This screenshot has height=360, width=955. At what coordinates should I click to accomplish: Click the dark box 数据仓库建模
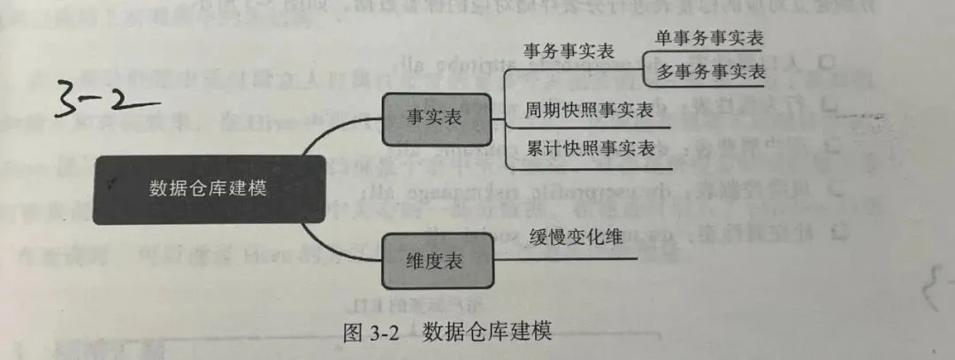[208, 188]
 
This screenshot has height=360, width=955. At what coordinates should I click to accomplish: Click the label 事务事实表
[568, 50]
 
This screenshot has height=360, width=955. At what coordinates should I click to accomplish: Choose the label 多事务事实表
[709, 73]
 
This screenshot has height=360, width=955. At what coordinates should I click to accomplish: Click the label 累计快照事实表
[590, 148]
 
